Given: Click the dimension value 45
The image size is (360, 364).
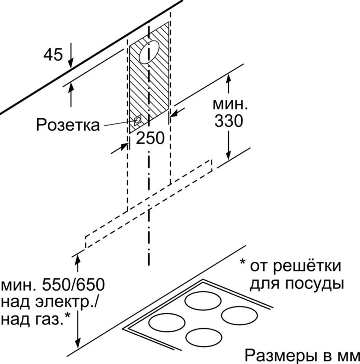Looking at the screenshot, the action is [x=53, y=55].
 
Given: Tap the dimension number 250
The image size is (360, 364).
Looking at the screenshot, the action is [x=150, y=138].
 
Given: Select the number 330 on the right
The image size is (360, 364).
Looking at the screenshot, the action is [x=229, y=121].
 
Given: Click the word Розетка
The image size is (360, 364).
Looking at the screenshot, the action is [x=68, y=124].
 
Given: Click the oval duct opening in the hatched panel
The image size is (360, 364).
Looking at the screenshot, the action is [x=149, y=52].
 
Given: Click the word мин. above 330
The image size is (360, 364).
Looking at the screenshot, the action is [x=230, y=104].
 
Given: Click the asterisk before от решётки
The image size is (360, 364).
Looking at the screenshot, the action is [x=243, y=262].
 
